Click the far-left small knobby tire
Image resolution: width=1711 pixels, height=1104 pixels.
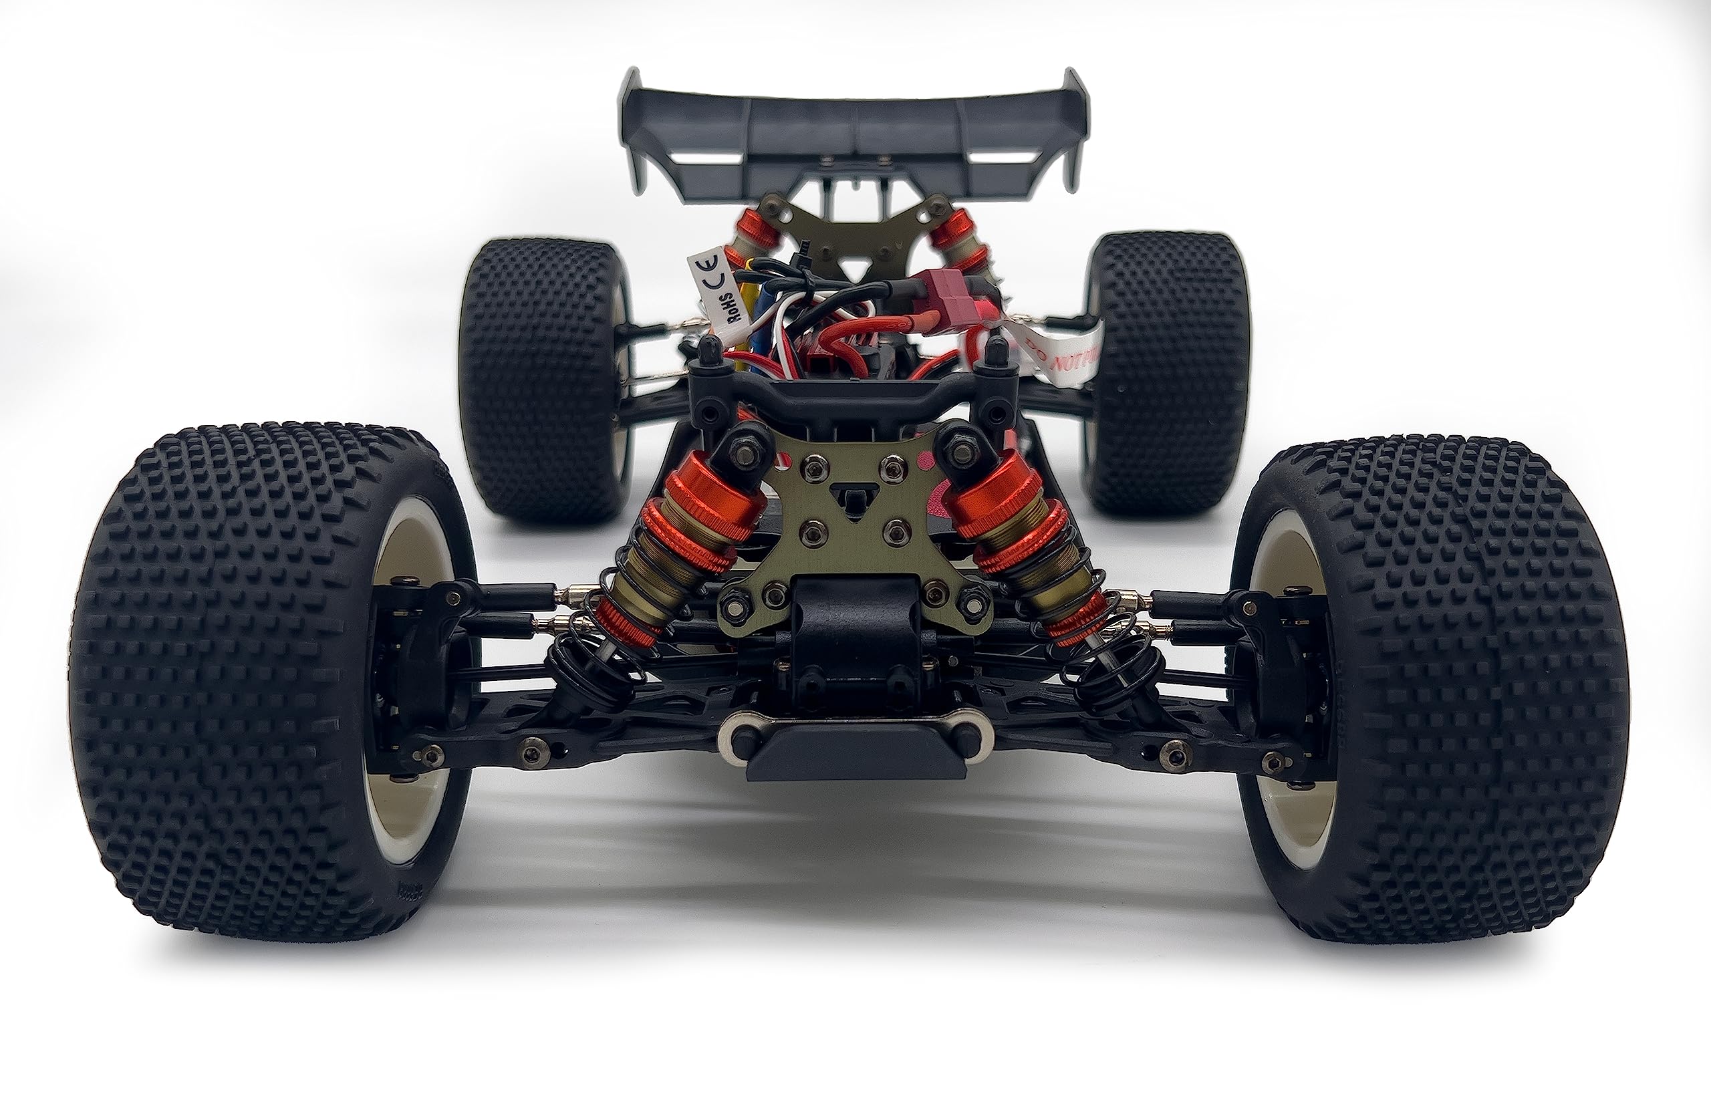point(537,380)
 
